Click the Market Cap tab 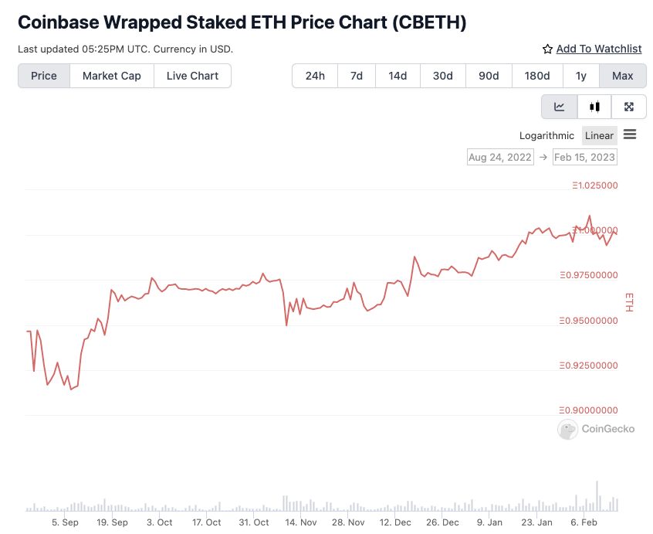pyautogui.click(x=112, y=76)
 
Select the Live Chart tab pyautogui.click(x=192, y=76)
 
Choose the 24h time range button pyautogui.click(x=315, y=76)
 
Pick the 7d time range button pyautogui.click(x=357, y=76)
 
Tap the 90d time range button pyautogui.click(x=489, y=76)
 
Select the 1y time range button pyautogui.click(x=580, y=76)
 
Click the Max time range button pyautogui.click(x=622, y=76)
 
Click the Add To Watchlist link pyautogui.click(x=592, y=49)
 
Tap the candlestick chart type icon pyautogui.click(x=594, y=107)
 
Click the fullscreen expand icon pyautogui.click(x=629, y=107)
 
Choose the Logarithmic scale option pyautogui.click(x=546, y=135)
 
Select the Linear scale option pyautogui.click(x=599, y=135)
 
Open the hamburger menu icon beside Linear pyautogui.click(x=630, y=134)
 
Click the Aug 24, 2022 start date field pyautogui.click(x=500, y=157)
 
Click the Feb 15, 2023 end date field pyautogui.click(x=584, y=157)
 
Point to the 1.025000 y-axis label pyautogui.click(x=594, y=185)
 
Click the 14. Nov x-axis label pyautogui.click(x=302, y=522)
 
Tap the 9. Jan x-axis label pyautogui.click(x=490, y=522)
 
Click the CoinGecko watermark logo pyautogui.click(x=596, y=429)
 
